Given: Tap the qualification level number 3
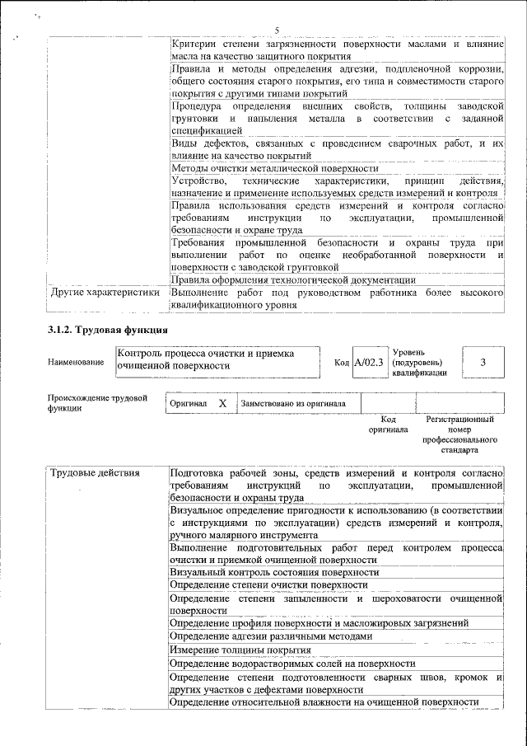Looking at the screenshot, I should (483, 363).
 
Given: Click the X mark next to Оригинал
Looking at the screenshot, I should (222, 403).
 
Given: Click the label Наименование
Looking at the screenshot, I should (76, 363).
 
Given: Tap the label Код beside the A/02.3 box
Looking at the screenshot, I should (342, 363).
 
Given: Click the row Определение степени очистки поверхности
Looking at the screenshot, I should (268, 584).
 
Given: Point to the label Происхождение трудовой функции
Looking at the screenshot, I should (97, 403).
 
